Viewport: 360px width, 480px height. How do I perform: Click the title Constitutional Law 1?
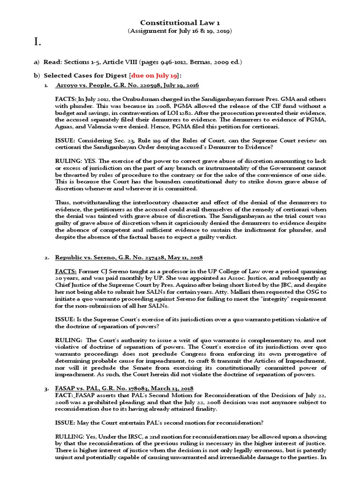(x=180, y=22)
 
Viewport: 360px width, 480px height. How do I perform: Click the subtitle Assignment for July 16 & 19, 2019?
(x=180, y=31)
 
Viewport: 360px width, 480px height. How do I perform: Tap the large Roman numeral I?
(x=37, y=44)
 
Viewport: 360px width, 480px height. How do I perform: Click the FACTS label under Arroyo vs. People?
(x=65, y=99)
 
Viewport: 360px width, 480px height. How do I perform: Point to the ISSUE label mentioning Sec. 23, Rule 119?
(x=66, y=141)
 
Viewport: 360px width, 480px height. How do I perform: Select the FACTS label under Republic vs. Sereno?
(x=66, y=271)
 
